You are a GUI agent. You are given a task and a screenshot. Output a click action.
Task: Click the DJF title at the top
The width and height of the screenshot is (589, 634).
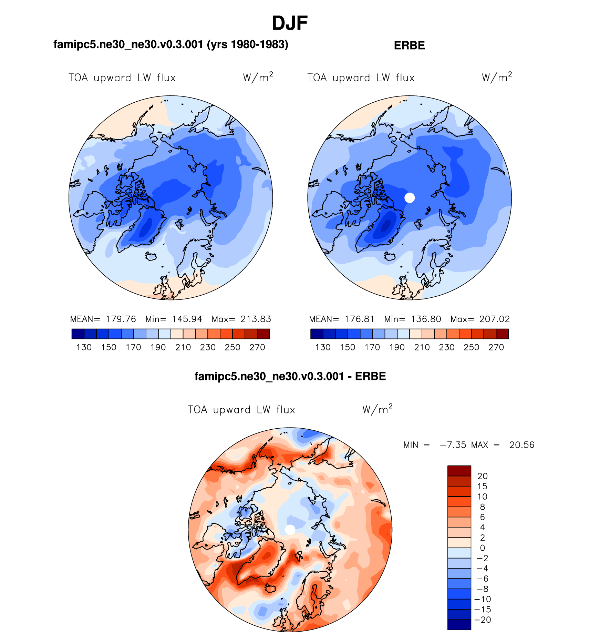289,23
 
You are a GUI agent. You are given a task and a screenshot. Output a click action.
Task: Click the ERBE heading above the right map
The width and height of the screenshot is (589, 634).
409,45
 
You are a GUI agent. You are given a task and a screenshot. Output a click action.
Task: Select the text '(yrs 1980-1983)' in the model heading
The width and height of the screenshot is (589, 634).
247,44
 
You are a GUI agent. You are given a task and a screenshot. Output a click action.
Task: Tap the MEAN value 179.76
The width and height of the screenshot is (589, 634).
121,319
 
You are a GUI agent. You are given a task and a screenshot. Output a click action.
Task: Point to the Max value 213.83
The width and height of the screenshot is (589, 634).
256,319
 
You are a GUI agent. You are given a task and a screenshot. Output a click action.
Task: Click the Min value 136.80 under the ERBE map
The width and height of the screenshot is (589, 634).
426,319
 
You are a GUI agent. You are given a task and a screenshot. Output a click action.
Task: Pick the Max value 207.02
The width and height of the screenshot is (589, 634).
494,319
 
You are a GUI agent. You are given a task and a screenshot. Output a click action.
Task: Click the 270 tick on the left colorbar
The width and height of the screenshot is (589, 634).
257,347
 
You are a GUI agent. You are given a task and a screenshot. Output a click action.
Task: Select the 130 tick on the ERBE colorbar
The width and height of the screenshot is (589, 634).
323,347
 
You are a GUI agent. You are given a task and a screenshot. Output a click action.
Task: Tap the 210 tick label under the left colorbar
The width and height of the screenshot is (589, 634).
183,347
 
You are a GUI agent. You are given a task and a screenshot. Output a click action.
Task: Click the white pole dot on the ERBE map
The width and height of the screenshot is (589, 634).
410,198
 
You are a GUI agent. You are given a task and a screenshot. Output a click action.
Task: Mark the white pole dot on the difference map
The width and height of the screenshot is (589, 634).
290,530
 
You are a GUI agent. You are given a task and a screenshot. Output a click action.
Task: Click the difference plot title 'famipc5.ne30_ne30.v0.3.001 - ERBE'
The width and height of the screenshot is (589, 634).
290,376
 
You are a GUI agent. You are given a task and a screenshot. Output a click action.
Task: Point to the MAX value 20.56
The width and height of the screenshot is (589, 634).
522,445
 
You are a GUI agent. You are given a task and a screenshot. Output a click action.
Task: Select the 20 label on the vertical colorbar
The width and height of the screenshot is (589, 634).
482,476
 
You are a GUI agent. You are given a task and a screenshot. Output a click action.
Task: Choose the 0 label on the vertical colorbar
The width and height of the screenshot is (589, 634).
482,548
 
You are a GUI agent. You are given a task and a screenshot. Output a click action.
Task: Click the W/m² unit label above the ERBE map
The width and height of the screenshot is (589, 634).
497,77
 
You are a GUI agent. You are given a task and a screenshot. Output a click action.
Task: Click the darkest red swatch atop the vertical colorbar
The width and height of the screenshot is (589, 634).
459,471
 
